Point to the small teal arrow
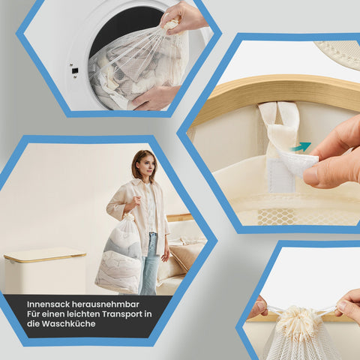click(301, 147)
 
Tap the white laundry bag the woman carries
click(120, 255)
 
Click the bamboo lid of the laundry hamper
click(45, 255)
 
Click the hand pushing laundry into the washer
click(157, 95)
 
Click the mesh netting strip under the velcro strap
click(300, 216)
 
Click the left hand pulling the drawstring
click(258, 306)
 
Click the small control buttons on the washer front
click(74, 71)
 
